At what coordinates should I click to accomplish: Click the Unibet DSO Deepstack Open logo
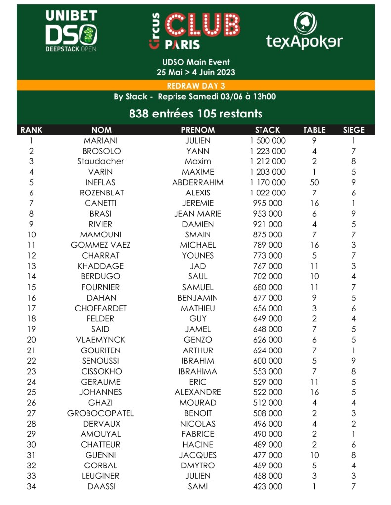(x=71, y=31)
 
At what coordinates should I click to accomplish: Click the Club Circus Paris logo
(x=195, y=31)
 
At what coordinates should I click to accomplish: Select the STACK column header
(x=267, y=130)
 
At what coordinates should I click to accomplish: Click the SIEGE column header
(x=353, y=130)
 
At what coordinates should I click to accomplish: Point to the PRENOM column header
(x=198, y=130)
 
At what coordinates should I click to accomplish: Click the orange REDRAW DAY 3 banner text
(x=196, y=85)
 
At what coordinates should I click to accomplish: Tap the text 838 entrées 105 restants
(x=196, y=114)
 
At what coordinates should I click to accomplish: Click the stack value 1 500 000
(x=267, y=140)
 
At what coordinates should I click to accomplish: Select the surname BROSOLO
(x=101, y=151)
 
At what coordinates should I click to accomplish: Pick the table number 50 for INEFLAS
(x=314, y=182)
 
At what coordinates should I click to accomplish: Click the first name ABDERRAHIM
(x=198, y=182)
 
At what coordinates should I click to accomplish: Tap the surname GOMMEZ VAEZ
(x=101, y=245)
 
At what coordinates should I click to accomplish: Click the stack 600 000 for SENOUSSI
(x=267, y=361)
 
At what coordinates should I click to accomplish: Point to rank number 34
(x=31, y=486)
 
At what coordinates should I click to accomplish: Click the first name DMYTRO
(x=198, y=466)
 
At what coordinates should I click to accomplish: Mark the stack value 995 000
(x=267, y=203)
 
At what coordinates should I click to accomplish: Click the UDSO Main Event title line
(x=196, y=63)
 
